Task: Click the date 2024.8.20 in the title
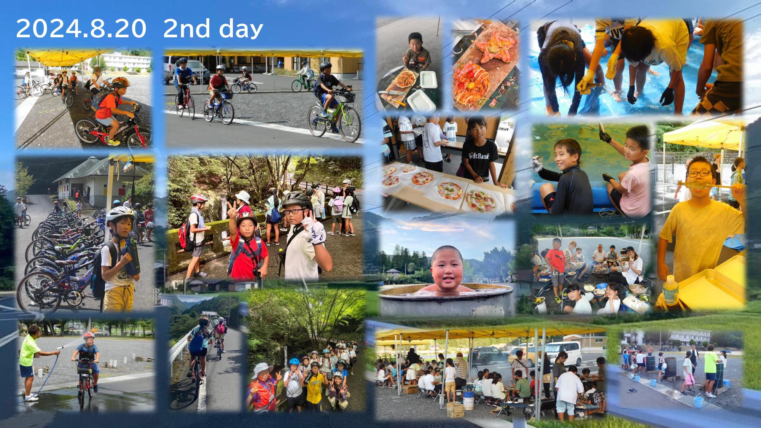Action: pos(81,29)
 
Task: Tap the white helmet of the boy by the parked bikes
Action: pos(120,215)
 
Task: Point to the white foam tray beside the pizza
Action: pos(425,79)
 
